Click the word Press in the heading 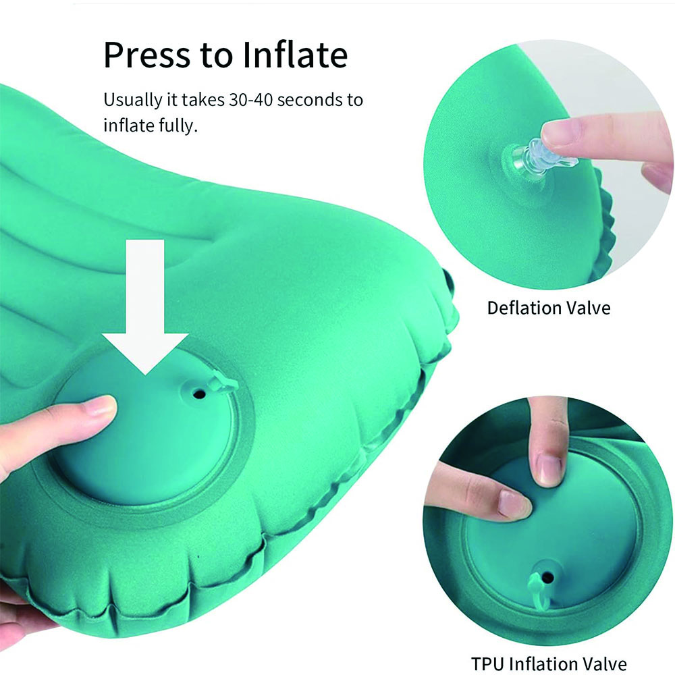click(146, 55)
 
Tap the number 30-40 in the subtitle click(250, 100)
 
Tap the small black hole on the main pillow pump click(198, 393)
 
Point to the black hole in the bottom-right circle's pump click(547, 577)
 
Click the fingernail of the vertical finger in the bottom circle click(549, 468)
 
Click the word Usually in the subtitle click(132, 101)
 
